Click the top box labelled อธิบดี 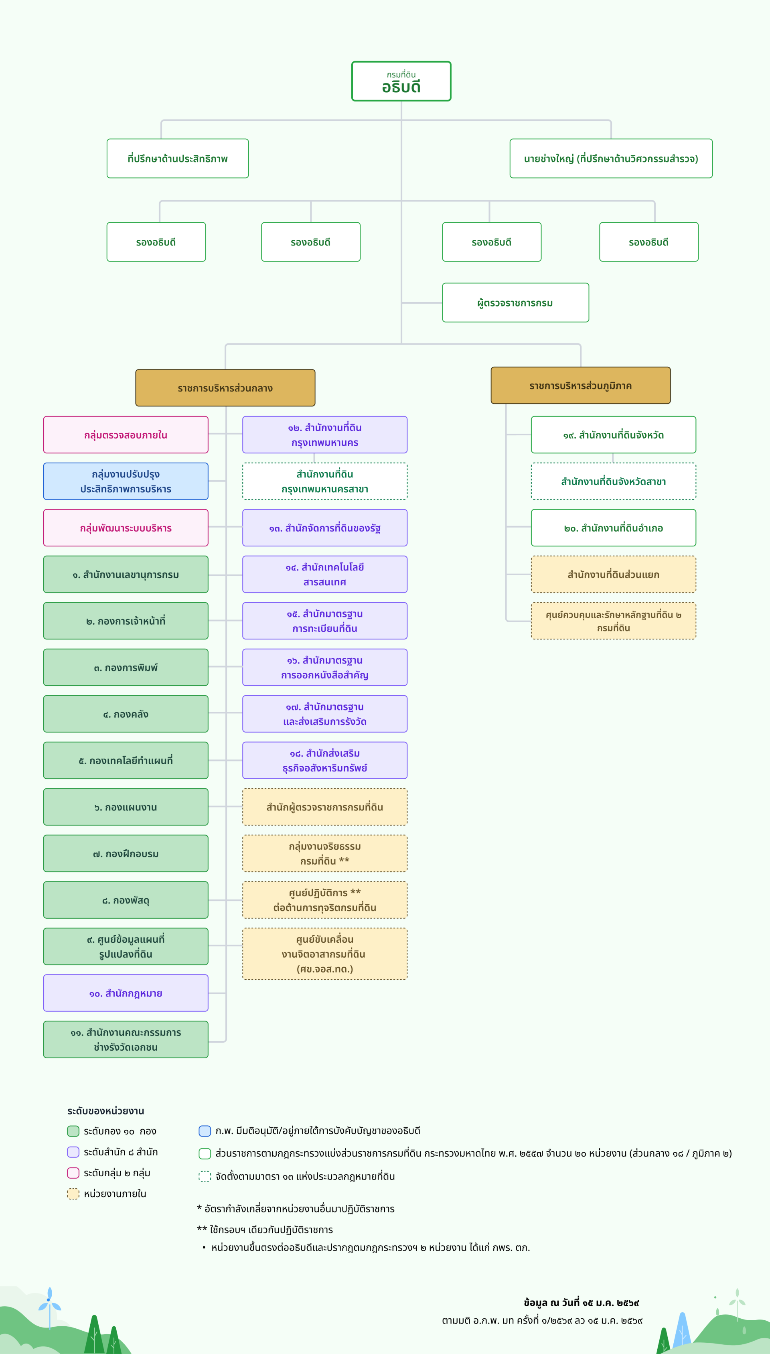click(x=401, y=81)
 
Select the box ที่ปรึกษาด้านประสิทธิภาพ click(x=178, y=159)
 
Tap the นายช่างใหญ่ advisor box click(x=611, y=159)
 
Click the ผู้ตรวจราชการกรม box click(x=515, y=302)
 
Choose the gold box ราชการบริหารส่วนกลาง click(x=225, y=388)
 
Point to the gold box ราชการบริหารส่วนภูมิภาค click(x=580, y=386)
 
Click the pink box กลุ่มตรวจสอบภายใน click(x=126, y=435)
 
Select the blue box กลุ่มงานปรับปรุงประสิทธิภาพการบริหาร click(x=126, y=481)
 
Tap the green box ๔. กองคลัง click(x=126, y=714)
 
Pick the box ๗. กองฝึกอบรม click(x=126, y=854)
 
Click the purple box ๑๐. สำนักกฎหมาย click(x=126, y=993)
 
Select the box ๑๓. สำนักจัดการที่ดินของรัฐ click(x=325, y=528)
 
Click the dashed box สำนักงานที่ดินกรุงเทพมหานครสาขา click(x=325, y=481)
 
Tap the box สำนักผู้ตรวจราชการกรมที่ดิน click(x=325, y=807)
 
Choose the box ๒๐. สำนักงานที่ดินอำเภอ click(x=614, y=528)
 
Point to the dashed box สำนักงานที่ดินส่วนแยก click(x=614, y=574)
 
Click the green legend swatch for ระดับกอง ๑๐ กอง click(x=73, y=1131)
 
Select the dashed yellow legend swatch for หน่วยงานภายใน click(x=73, y=1194)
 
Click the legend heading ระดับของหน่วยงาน click(x=106, y=1111)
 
